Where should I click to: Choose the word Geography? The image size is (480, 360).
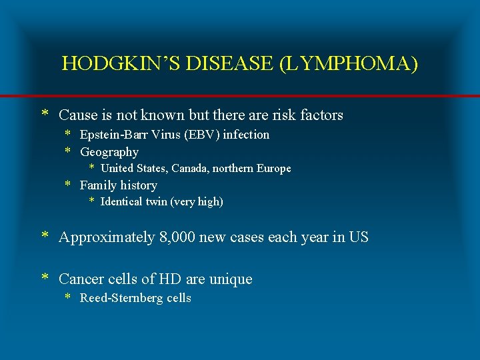pyautogui.click(x=109, y=152)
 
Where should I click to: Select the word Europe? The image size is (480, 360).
pyautogui.click(x=273, y=169)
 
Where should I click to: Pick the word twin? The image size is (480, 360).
pyautogui.click(x=155, y=202)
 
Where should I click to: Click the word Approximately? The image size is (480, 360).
pyautogui.click(x=107, y=237)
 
